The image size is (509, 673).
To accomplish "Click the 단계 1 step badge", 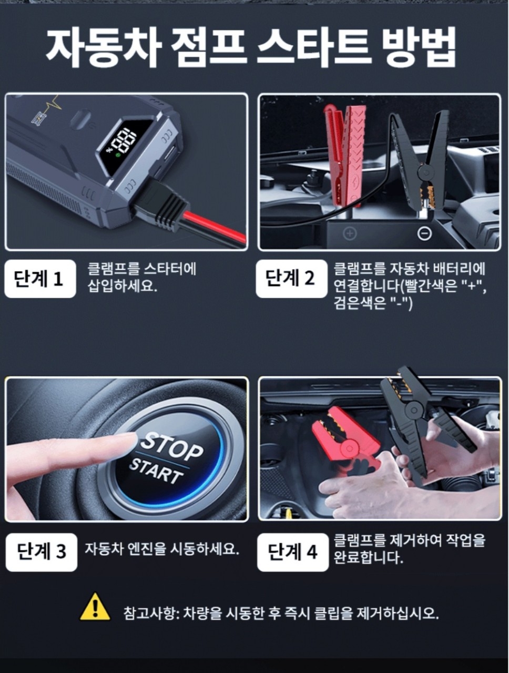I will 40,279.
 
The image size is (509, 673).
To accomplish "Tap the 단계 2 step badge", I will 291,278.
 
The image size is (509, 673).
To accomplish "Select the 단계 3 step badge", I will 41,552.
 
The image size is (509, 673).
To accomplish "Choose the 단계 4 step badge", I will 292,552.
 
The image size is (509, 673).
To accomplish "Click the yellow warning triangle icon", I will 95,607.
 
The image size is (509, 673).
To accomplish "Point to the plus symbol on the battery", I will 350,233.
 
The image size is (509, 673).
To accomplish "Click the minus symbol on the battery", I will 424,233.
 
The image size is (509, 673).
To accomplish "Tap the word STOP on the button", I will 171,445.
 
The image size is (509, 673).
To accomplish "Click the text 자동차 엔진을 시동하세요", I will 162,549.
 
